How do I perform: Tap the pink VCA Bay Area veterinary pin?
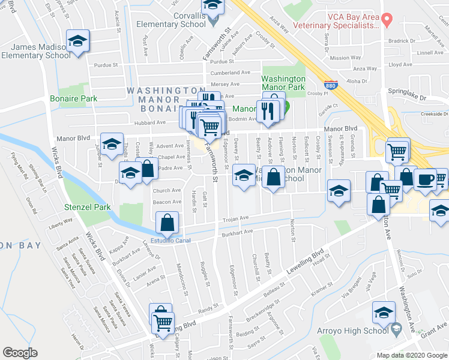[x=387, y=20]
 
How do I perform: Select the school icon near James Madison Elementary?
[x=76, y=41]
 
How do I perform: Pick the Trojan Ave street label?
[x=236, y=218]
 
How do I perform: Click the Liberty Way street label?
[x=60, y=221]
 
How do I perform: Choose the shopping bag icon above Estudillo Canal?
[x=167, y=224]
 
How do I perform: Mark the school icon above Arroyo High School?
[x=384, y=312]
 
